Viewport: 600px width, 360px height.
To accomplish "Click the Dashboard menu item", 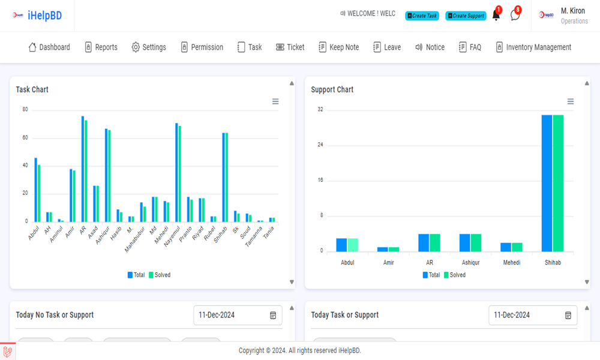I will (49, 47).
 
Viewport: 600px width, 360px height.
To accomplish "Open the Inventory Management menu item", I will (533, 47).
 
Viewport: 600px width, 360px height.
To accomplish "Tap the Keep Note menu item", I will (338, 47).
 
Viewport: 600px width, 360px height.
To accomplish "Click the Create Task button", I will (422, 16).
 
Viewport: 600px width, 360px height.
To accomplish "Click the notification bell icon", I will (496, 16).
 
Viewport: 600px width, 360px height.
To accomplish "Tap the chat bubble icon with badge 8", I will (515, 16).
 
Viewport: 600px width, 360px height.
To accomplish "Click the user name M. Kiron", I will (572, 11).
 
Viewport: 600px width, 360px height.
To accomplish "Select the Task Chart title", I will (32, 89).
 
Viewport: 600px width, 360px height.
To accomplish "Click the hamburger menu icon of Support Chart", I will (571, 101).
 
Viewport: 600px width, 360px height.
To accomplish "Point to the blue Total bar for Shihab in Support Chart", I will (547, 183).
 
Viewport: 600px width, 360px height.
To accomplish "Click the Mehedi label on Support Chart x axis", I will (511, 263).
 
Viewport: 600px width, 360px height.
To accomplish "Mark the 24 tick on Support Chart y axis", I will (320, 145).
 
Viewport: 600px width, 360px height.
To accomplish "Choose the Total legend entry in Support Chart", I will (431, 275).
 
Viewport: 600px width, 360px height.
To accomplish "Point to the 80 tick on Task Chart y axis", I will (25, 109).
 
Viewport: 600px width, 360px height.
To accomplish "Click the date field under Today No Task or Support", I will (232, 315).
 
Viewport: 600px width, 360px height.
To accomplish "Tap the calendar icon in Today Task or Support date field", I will (568, 315).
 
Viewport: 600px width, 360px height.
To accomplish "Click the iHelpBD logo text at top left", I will (44, 16).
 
